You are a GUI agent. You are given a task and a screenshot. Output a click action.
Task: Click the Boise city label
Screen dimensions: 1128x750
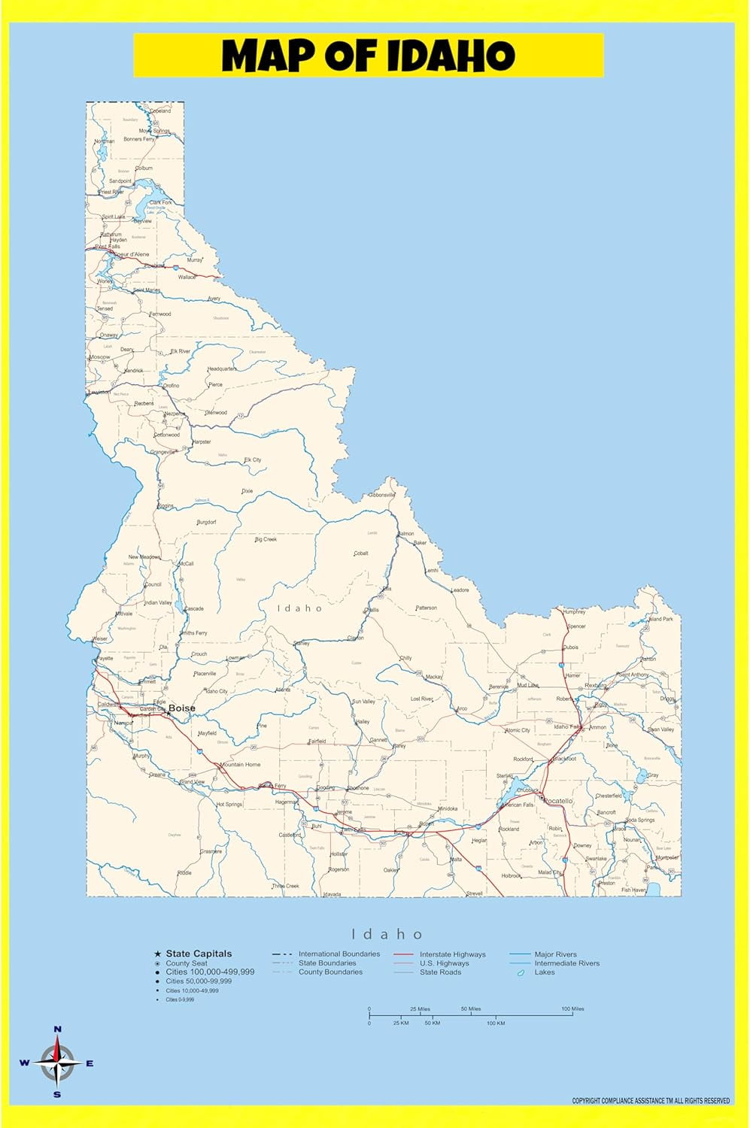[x=181, y=708]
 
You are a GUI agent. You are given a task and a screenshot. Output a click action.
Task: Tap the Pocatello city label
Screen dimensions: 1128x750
[x=557, y=801]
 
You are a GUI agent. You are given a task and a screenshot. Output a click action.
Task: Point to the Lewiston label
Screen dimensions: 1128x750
[x=99, y=392]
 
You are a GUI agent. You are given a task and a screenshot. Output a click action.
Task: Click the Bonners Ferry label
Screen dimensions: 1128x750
[x=138, y=139]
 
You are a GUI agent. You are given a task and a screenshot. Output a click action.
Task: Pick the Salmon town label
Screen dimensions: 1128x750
[x=406, y=533]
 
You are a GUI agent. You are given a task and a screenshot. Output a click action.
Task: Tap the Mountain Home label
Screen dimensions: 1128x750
[x=240, y=764]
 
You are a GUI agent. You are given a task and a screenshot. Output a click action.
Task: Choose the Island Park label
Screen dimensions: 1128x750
[x=660, y=619]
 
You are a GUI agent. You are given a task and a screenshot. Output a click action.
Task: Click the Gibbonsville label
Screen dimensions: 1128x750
[x=381, y=495]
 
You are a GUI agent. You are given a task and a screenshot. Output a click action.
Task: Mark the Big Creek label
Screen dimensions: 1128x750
[x=266, y=539]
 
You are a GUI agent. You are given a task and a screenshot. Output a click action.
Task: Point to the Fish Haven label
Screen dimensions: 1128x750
[x=633, y=890]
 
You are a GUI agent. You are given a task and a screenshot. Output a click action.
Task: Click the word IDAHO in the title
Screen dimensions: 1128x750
[x=451, y=56]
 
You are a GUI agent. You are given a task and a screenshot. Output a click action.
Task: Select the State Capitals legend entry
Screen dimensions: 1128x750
[x=199, y=954]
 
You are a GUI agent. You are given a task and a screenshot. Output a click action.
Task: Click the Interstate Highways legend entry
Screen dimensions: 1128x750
[x=452, y=954]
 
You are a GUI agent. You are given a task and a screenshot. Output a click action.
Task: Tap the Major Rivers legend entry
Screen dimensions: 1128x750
[x=555, y=954]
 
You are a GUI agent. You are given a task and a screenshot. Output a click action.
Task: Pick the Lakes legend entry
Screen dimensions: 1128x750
[x=544, y=972]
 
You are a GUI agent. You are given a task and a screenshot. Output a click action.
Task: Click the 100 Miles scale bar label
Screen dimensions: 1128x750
[x=572, y=1009]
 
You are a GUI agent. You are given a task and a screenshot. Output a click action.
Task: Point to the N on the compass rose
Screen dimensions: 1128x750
[x=57, y=1029]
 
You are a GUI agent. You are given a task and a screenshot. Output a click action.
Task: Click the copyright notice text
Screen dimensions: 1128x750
[x=651, y=1101]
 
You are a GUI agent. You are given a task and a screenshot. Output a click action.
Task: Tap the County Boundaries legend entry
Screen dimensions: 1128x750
[x=330, y=972]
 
